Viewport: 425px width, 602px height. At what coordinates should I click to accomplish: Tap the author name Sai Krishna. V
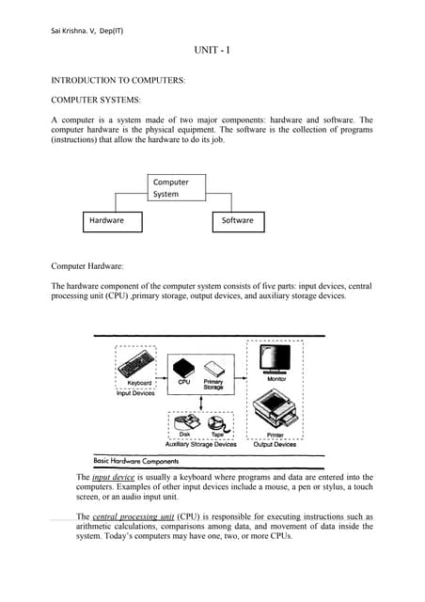pyautogui.click(x=71, y=31)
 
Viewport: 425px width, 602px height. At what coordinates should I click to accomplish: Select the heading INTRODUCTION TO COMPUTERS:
pyautogui.click(x=118, y=81)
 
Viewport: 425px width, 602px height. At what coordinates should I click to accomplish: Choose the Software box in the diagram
pyautogui.click(x=237, y=221)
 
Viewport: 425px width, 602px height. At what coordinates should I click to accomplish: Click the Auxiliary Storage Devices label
pyautogui.click(x=200, y=444)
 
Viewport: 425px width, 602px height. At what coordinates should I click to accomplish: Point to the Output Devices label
pyautogui.click(x=276, y=444)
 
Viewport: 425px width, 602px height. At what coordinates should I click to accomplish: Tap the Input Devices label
pyautogui.click(x=136, y=393)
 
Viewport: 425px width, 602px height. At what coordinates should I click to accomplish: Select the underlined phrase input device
pyautogui.click(x=113, y=478)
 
